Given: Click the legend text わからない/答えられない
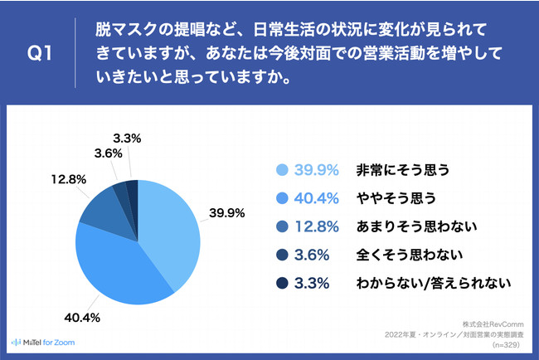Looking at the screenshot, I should click(x=431, y=283).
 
